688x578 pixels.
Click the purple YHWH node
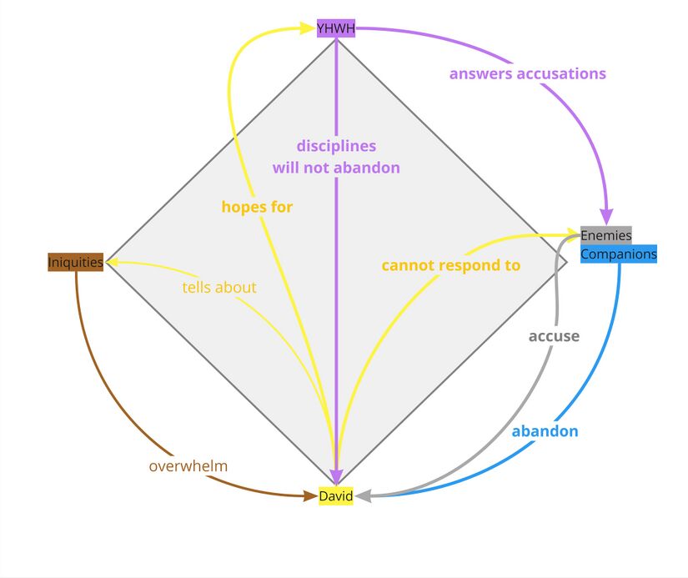pyautogui.click(x=336, y=29)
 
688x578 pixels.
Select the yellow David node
pyautogui.click(x=336, y=496)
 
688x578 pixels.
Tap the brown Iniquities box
pyautogui.click(x=76, y=262)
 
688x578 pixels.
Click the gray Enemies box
pyautogui.click(x=606, y=235)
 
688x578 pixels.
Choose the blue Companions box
pyautogui.click(x=619, y=254)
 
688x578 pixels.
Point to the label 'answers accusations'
pyautogui.click(x=527, y=73)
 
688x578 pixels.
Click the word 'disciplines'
pyautogui.click(x=336, y=146)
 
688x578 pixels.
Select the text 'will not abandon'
pyautogui.click(x=336, y=168)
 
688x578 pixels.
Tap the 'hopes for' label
pyautogui.click(x=257, y=206)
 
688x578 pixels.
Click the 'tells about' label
pyautogui.click(x=219, y=287)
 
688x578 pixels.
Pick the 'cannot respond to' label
pyautogui.click(x=450, y=265)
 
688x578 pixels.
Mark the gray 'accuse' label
pyautogui.click(x=554, y=336)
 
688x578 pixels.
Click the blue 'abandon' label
pyautogui.click(x=545, y=431)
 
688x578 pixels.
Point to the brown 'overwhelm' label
pyautogui.click(x=188, y=465)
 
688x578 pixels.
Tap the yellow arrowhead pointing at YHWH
pyautogui.click(x=306, y=29)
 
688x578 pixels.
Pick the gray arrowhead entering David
pyautogui.click(x=362, y=496)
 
